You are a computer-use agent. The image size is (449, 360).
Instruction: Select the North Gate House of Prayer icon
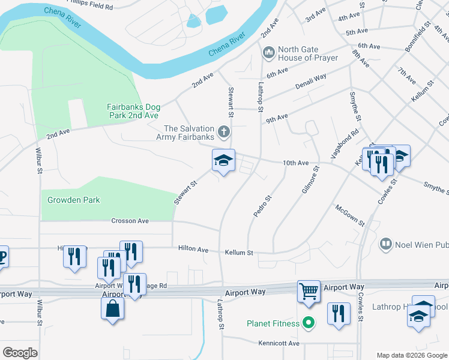tap(268, 54)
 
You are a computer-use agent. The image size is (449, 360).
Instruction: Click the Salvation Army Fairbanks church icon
tap(223, 131)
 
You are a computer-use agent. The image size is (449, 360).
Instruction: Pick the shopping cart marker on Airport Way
tap(309, 292)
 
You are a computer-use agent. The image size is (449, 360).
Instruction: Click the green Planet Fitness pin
tap(309, 323)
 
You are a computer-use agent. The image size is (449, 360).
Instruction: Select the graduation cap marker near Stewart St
tap(223, 161)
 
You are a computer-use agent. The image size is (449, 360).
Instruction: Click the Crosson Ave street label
tap(130, 221)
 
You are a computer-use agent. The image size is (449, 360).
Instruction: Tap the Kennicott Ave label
tap(279, 343)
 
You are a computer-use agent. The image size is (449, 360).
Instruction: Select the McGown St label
tap(350, 215)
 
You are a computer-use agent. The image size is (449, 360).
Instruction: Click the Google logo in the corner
tap(20, 352)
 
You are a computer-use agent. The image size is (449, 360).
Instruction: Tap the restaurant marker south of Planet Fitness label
tap(339, 314)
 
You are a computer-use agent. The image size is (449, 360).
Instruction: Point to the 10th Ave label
tap(295, 163)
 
